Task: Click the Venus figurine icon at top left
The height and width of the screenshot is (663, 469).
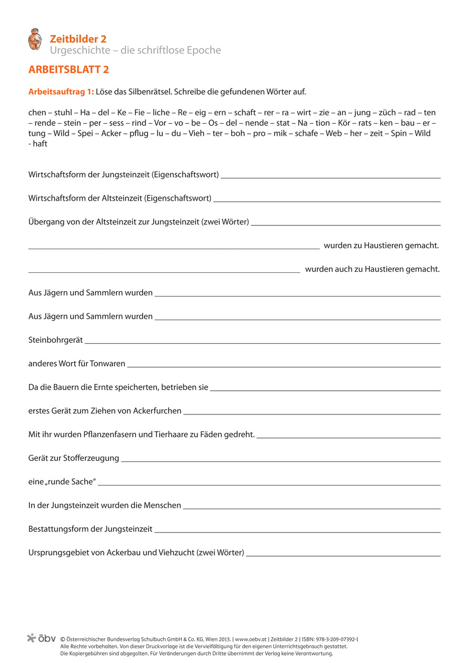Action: point(35,39)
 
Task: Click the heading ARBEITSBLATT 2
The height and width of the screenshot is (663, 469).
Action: point(69,70)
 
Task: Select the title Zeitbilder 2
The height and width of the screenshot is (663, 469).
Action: point(78,38)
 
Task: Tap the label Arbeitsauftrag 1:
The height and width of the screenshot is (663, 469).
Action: point(61,92)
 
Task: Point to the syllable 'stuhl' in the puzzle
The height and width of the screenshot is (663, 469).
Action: point(63,113)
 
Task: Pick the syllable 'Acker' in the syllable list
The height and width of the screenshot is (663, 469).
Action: point(111,133)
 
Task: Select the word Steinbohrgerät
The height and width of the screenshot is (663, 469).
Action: point(55,340)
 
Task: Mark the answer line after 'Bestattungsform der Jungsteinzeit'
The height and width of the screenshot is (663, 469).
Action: point(297,531)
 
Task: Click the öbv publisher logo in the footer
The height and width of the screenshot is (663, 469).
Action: point(41,638)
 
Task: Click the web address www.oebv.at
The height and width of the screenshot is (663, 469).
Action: point(251,639)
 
